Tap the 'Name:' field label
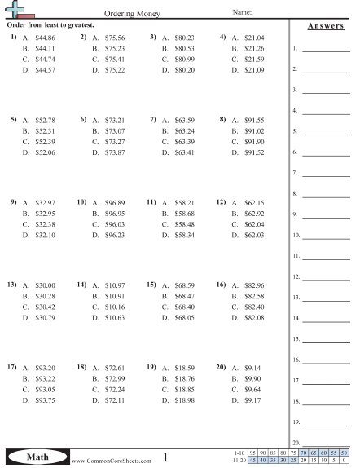click(x=243, y=13)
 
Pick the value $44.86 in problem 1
click(x=46, y=38)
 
